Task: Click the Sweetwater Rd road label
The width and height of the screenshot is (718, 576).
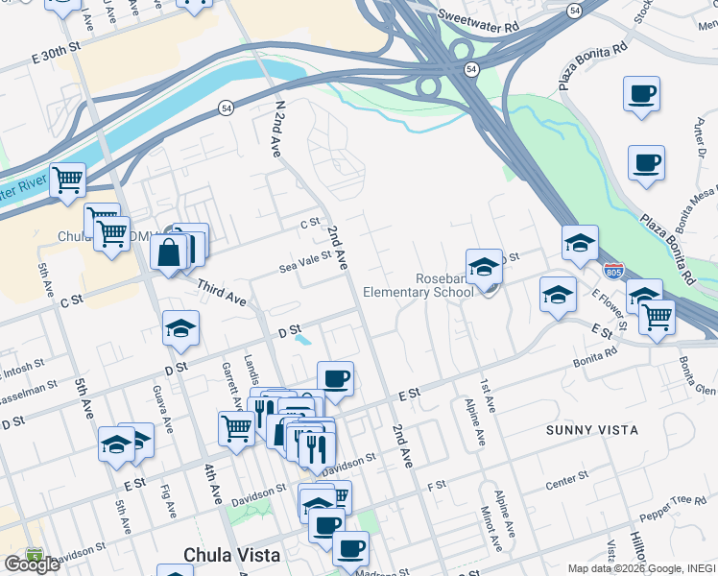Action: tap(477, 21)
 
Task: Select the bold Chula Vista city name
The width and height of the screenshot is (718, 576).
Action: tap(232, 555)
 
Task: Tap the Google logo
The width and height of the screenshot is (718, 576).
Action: tap(31, 564)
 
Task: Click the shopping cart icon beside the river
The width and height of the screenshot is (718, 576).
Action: tap(67, 179)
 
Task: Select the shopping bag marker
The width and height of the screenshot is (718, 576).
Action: tap(169, 253)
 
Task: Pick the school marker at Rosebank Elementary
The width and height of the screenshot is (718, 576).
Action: tap(484, 266)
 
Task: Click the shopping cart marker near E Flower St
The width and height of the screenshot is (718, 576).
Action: tap(657, 317)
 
